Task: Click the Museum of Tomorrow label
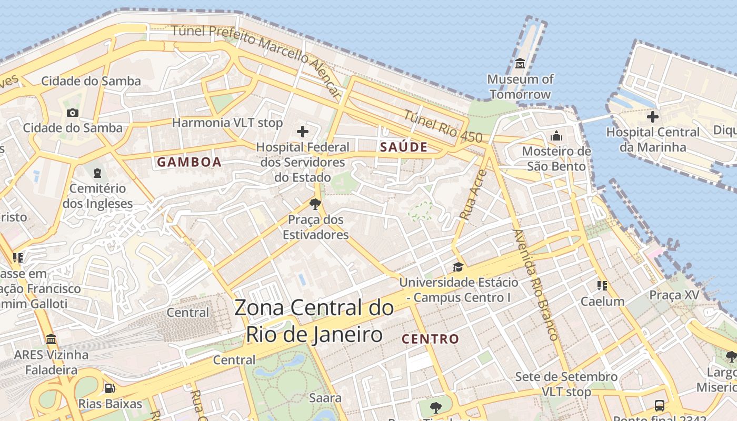(520, 87)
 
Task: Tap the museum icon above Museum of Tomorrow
(520, 64)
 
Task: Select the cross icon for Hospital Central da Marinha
(653, 116)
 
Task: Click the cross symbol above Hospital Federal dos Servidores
(303, 132)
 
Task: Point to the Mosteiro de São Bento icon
(556, 136)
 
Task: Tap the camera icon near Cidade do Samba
(73, 113)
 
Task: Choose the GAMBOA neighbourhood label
(189, 162)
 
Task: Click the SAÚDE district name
(404, 147)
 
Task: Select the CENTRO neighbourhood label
(430, 339)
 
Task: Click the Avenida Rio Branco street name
(535, 284)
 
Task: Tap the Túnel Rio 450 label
(443, 126)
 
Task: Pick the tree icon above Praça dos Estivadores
(315, 204)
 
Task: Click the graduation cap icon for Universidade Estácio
(458, 267)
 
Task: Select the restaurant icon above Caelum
(602, 286)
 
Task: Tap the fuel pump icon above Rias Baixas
(109, 388)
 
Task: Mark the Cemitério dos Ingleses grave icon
(97, 173)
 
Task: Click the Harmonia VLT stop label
(227, 123)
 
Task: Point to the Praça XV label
(674, 295)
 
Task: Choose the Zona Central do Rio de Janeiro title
(314, 321)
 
